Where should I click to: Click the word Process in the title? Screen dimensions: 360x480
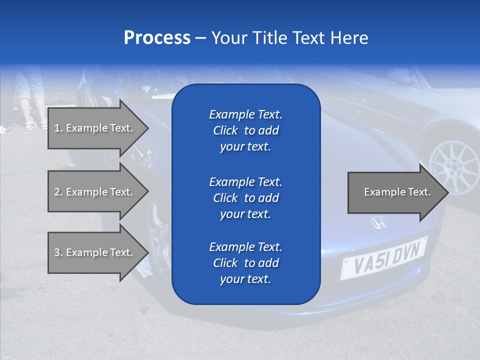coord(157,38)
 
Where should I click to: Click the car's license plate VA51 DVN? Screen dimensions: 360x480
coord(384,257)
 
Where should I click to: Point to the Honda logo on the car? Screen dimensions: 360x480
coord(378,222)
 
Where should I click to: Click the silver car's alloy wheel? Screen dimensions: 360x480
coord(453,167)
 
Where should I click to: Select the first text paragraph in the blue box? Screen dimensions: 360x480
coord(245,130)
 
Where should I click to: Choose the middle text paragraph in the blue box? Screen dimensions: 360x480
coord(245,198)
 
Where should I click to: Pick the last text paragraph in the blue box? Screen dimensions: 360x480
coord(245,263)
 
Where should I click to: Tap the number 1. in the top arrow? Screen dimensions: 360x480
coord(58,128)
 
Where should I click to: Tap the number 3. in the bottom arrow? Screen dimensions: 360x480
coord(58,252)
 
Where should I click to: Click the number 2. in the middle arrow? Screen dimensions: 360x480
coord(58,192)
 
